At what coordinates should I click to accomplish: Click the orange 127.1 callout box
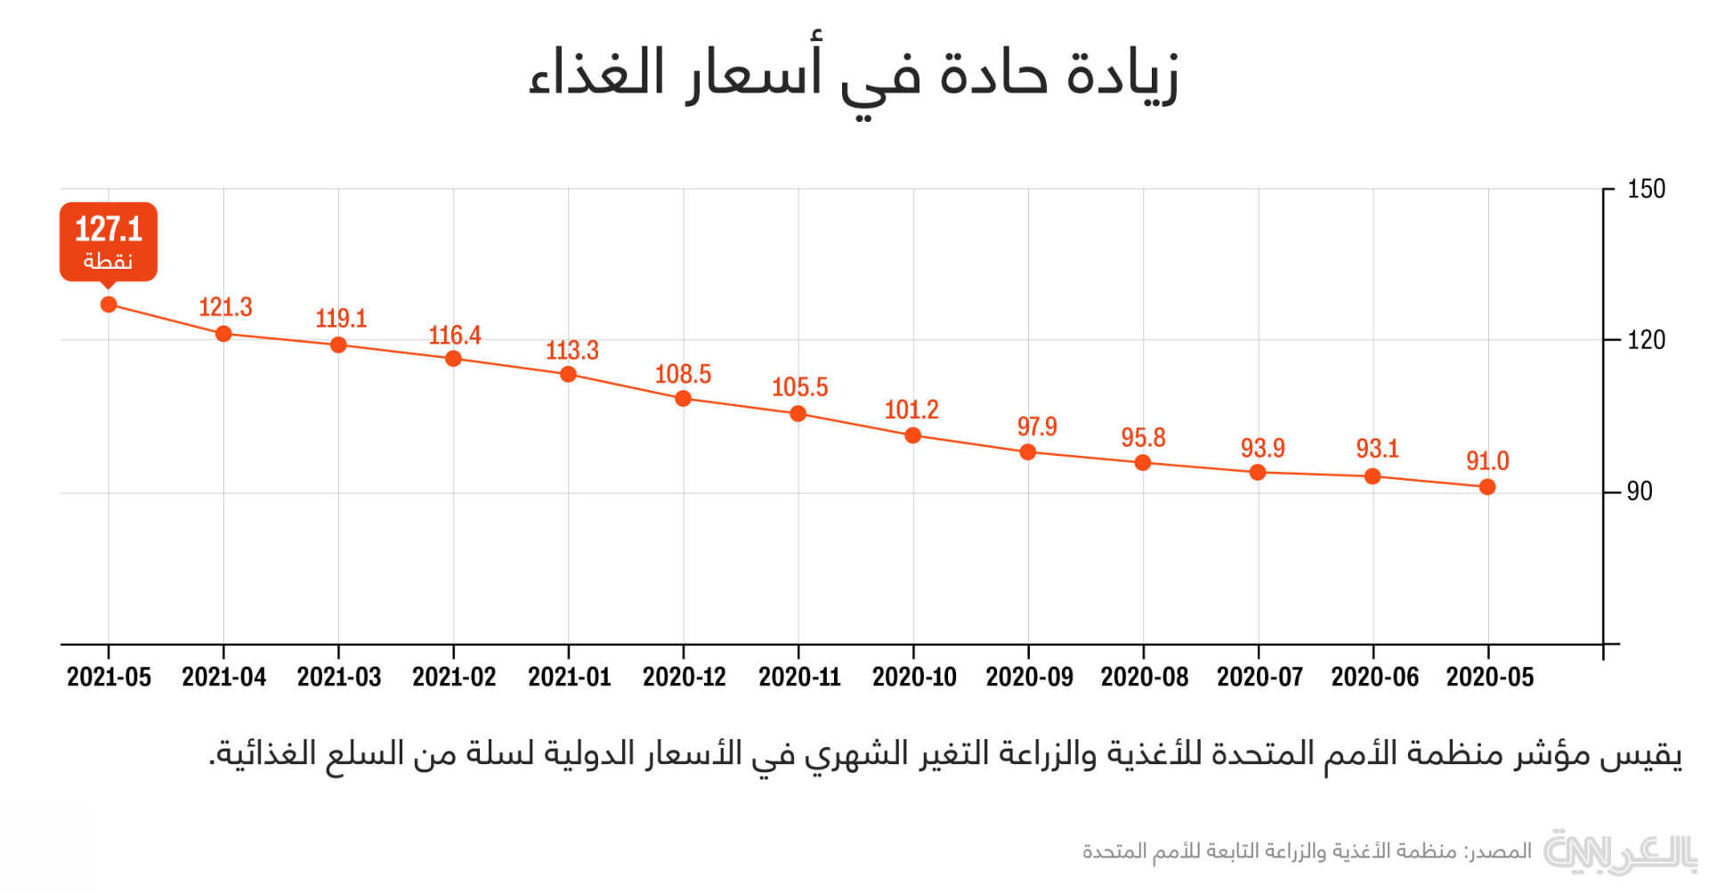(109, 241)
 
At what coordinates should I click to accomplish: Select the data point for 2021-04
(223, 334)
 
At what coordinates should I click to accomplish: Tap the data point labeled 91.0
(1487, 487)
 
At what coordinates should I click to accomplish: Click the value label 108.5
(683, 374)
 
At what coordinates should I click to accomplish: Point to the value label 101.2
(911, 410)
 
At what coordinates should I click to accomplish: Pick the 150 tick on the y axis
(1646, 190)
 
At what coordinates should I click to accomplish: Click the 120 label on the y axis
(1646, 340)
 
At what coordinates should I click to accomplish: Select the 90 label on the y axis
(1640, 492)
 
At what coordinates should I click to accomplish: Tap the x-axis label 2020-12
(684, 678)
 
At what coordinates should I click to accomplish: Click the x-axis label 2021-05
(109, 678)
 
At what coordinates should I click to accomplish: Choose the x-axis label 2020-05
(1490, 678)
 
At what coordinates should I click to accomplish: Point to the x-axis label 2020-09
(1030, 678)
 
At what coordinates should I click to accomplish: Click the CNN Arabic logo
(1619, 852)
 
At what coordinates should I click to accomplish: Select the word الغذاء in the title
(596, 73)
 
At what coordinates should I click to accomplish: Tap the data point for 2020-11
(798, 414)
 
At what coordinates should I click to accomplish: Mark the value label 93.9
(1262, 448)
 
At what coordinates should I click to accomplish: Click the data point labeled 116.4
(453, 359)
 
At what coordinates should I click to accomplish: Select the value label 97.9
(1037, 427)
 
